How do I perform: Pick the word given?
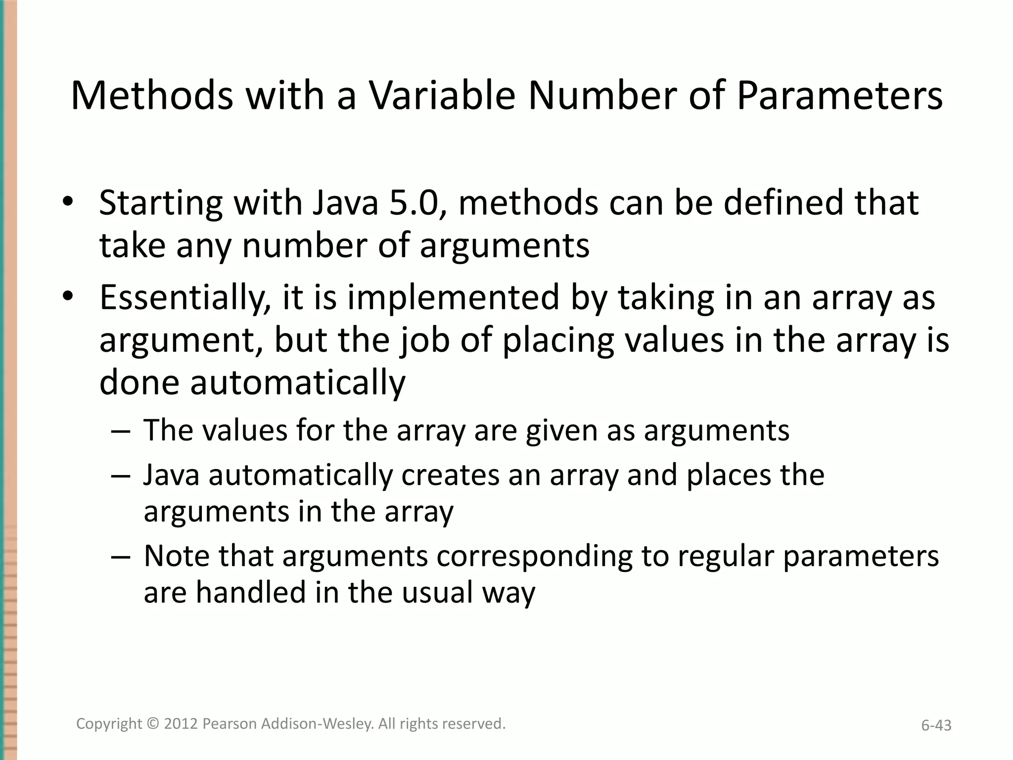561,430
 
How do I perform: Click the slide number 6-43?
936,725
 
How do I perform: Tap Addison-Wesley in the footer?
317,724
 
